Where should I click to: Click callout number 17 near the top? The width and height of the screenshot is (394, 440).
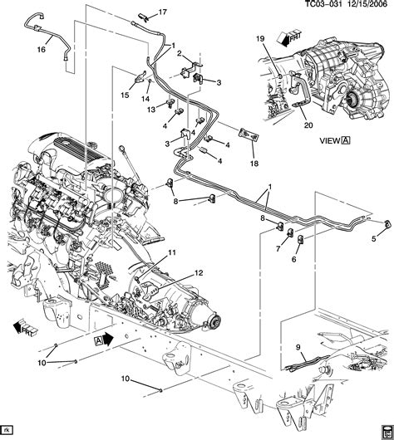pyautogui.click(x=162, y=12)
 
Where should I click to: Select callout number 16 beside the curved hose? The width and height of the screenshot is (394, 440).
pyautogui.click(x=42, y=49)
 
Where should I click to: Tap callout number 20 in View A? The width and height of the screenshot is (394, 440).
pyautogui.click(x=308, y=125)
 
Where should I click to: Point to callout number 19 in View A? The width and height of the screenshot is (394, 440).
pyautogui.click(x=260, y=38)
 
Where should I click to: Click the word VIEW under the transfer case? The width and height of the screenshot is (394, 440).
pyautogui.click(x=330, y=140)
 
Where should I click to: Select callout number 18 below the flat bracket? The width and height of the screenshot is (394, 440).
pyautogui.click(x=254, y=163)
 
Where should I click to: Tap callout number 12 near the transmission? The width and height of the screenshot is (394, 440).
pyautogui.click(x=199, y=273)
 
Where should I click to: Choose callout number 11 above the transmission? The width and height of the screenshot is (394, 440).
pyautogui.click(x=172, y=252)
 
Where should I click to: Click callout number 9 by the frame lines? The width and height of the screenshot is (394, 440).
pyautogui.click(x=298, y=347)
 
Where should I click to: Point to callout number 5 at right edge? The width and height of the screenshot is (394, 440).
pyautogui.click(x=374, y=239)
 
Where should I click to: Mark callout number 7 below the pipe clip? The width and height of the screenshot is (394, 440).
pyautogui.click(x=278, y=248)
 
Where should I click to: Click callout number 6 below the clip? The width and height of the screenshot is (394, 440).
pyautogui.click(x=294, y=259)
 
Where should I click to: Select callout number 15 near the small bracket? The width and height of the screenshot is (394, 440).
pyautogui.click(x=125, y=95)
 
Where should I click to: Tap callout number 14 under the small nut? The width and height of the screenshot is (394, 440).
pyautogui.click(x=145, y=99)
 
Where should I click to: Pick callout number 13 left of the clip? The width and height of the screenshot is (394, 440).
pyautogui.click(x=151, y=110)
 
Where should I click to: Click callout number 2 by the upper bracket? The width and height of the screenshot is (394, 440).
pyautogui.click(x=180, y=54)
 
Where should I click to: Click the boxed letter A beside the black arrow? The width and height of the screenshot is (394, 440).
pyautogui.click(x=98, y=340)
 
